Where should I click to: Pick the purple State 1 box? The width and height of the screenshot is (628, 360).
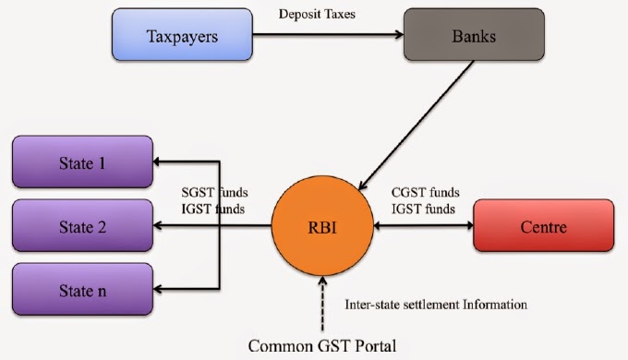coord(83,162)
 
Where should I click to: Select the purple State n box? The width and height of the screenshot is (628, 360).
coord(83,289)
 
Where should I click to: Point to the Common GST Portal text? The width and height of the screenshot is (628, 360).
coord(320,346)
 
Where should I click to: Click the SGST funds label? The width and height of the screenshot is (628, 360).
coord(214,191)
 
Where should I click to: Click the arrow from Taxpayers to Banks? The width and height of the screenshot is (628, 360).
coord(328,37)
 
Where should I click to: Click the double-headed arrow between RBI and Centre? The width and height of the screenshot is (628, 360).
coord(420,224)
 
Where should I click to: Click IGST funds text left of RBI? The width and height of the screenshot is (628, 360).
coord(214,209)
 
